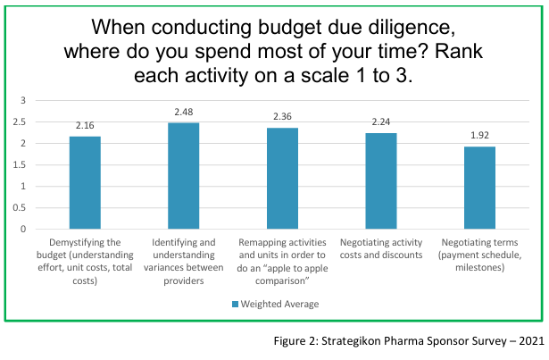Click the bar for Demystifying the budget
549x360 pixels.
85,183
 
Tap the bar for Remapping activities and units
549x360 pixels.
282,179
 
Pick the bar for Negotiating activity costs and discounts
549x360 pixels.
380,181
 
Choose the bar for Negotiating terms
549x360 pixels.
478,188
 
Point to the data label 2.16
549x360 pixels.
85,126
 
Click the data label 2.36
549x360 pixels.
282,117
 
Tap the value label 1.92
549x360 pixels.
478,136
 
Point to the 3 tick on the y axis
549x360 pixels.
25,100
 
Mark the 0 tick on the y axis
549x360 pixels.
25,229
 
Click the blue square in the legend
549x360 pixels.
234,304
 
